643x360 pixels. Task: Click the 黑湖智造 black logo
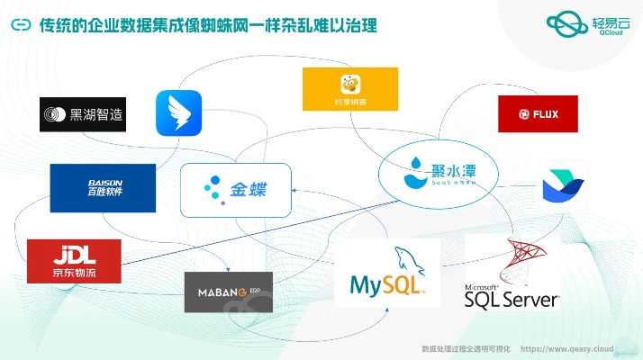click(x=83, y=114)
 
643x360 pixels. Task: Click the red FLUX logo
click(x=538, y=114)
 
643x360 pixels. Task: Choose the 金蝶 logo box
click(x=236, y=190)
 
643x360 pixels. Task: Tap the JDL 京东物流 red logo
click(x=74, y=260)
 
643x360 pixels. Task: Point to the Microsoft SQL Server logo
click(x=512, y=275)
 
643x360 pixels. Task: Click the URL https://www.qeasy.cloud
click(x=567, y=348)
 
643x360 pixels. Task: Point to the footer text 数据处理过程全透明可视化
click(x=466, y=348)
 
